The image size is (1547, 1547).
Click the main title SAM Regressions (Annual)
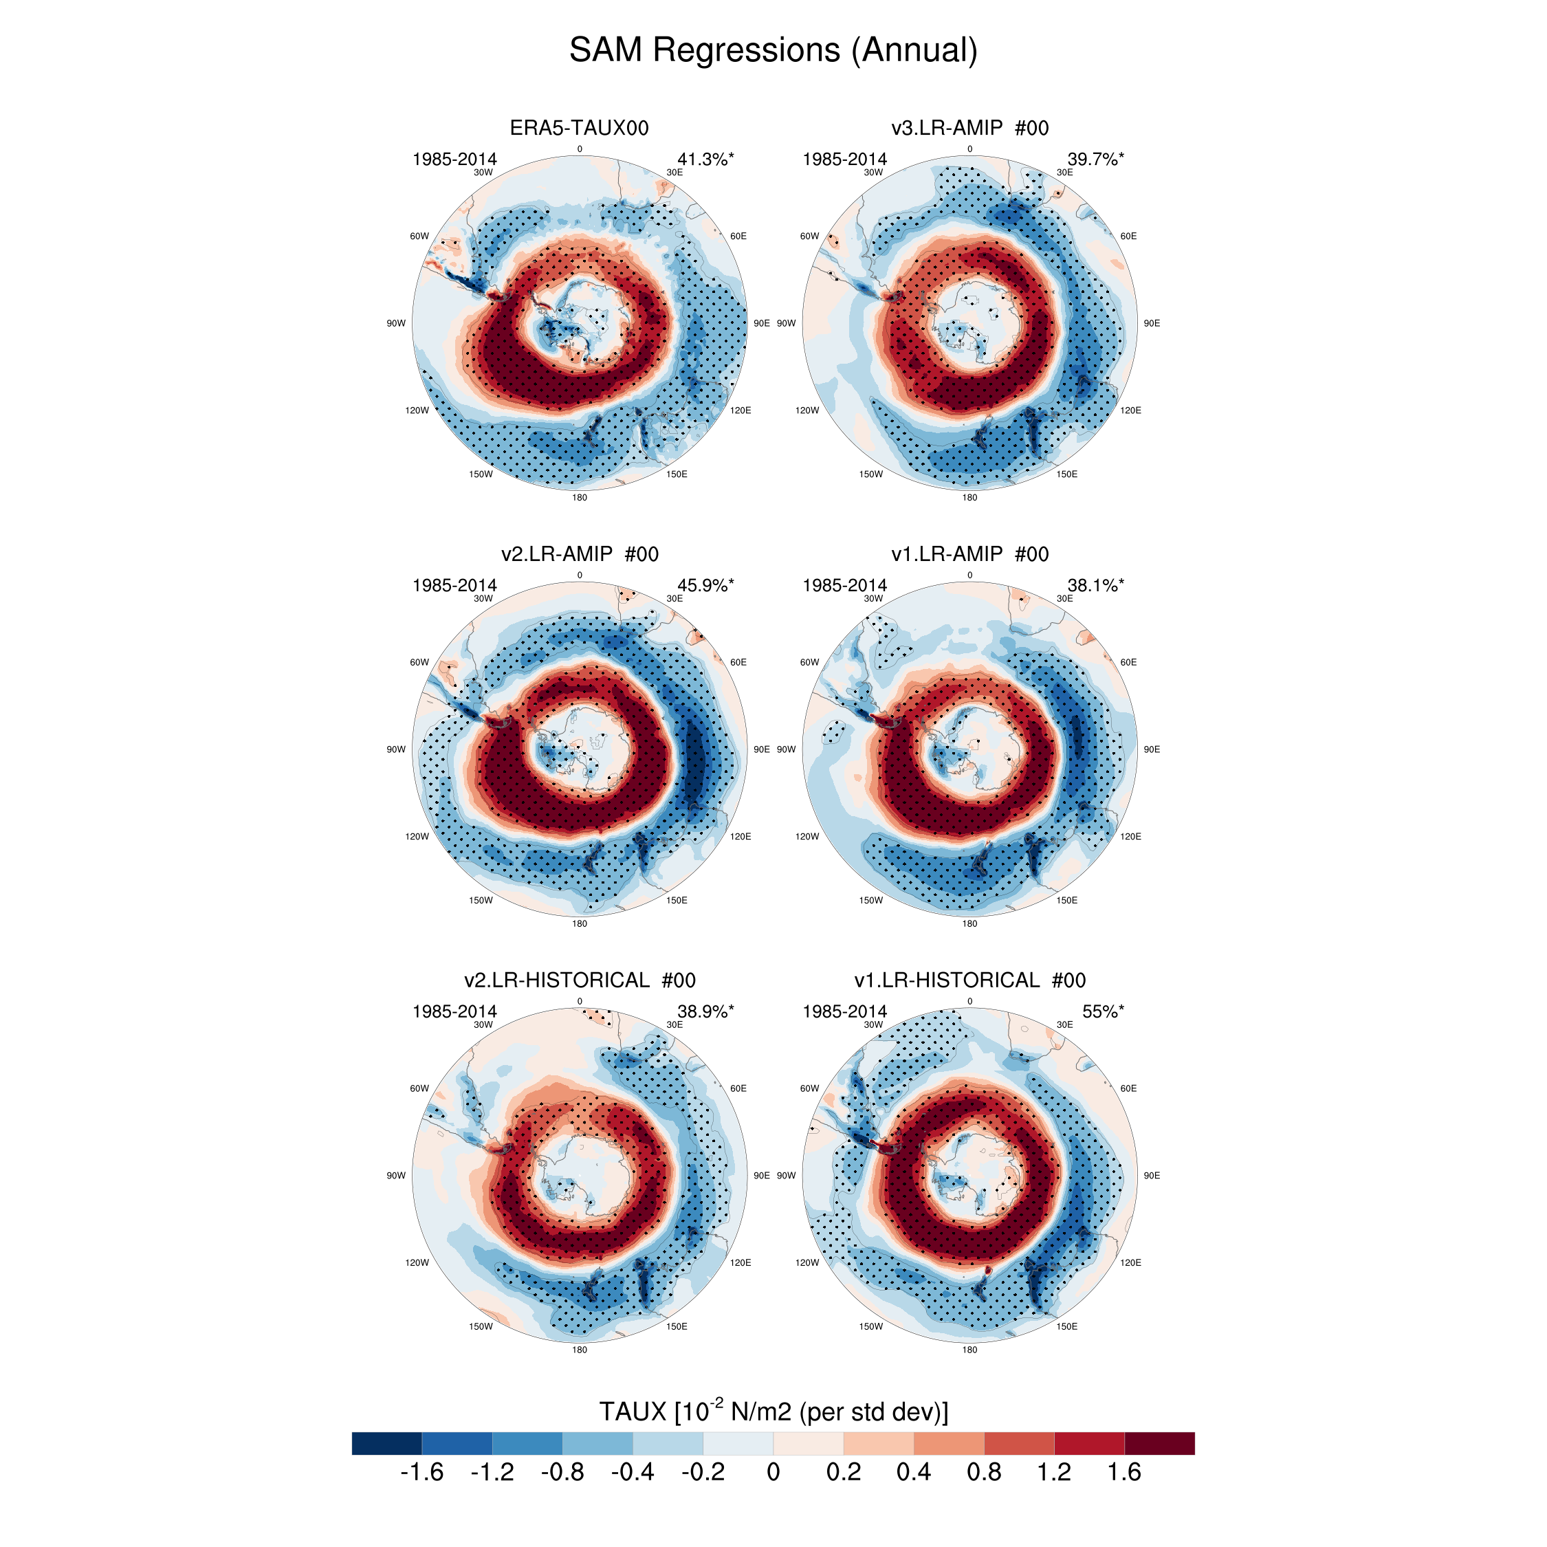point(773,50)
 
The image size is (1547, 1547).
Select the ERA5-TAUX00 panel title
point(579,128)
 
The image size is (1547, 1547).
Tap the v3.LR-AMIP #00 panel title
point(969,128)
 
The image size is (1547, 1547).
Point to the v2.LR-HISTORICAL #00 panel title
point(579,980)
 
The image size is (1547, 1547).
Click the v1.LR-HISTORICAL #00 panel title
point(969,980)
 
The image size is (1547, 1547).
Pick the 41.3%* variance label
point(705,160)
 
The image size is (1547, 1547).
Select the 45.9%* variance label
point(705,585)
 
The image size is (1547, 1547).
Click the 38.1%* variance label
point(1095,585)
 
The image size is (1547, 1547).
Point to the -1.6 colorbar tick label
point(421,1473)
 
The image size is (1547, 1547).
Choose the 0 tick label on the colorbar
point(773,1473)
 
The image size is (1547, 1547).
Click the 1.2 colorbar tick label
point(1054,1473)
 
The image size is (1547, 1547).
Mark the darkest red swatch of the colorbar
point(1159,1443)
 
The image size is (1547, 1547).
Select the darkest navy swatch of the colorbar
point(386,1443)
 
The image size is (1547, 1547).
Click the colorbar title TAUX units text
point(773,1411)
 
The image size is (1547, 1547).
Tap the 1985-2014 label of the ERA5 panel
point(454,160)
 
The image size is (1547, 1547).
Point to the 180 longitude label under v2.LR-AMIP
point(579,924)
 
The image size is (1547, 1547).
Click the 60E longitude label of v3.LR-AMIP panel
point(1128,237)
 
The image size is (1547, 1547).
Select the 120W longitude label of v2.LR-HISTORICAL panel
point(417,1263)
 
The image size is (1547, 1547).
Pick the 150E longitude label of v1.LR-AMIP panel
point(1066,900)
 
